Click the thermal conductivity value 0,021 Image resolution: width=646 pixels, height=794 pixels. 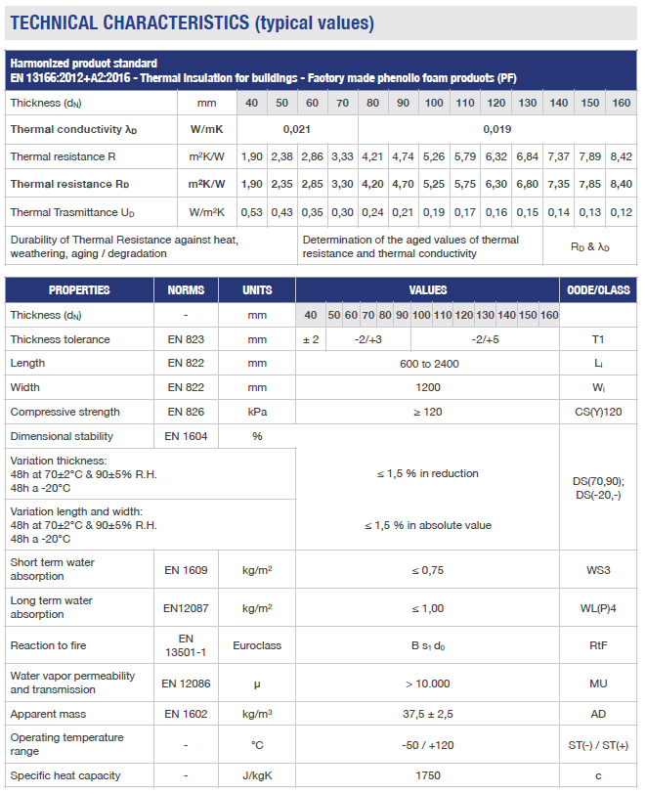click(x=297, y=129)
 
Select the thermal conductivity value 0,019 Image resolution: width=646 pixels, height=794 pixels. click(x=496, y=129)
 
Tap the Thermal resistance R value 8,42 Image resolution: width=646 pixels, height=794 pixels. click(x=621, y=156)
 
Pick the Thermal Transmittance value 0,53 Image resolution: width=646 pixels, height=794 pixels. click(x=252, y=212)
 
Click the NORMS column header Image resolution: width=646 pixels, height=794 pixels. click(x=186, y=290)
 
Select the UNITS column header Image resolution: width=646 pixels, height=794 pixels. click(x=257, y=290)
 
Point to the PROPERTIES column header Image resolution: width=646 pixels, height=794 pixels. click(x=79, y=290)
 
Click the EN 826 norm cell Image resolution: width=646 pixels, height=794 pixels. click(x=186, y=413)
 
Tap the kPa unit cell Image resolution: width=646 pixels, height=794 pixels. click(x=257, y=413)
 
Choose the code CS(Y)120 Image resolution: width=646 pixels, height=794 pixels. click(x=598, y=413)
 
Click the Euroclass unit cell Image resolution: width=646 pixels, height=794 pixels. click(x=257, y=646)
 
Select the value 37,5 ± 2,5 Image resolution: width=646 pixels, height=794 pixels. click(x=427, y=715)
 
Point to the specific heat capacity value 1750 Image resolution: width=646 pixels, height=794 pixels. click(x=427, y=776)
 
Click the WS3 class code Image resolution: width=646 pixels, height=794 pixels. click(x=598, y=570)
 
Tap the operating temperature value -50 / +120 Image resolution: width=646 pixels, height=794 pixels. click(x=427, y=745)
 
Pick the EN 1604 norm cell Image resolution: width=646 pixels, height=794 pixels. click(x=186, y=437)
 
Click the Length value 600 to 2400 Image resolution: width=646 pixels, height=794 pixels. click(x=427, y=364)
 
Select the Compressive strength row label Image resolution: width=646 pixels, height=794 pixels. click(x=65, y=413)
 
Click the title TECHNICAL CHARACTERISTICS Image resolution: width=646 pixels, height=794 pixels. click(x=128, y=22)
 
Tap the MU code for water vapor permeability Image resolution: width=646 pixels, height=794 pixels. click(x=598, y=684)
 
